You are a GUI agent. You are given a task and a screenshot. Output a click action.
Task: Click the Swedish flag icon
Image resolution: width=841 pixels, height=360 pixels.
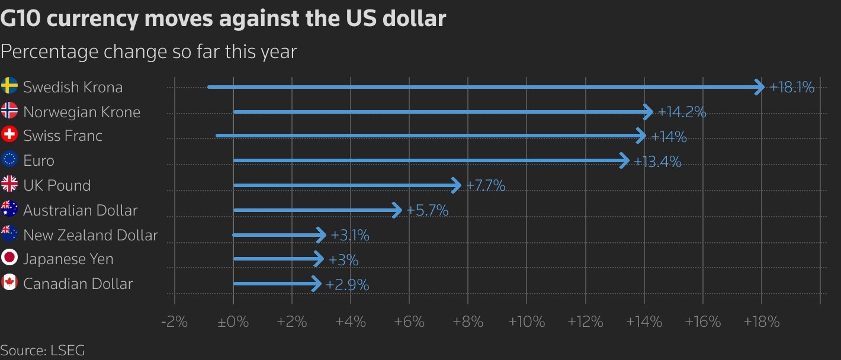click(9, 86)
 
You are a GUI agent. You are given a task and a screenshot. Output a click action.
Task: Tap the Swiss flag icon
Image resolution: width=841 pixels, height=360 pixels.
click(9, 135)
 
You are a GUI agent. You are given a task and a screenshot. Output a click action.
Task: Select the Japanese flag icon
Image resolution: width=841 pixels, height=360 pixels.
click(9, 258)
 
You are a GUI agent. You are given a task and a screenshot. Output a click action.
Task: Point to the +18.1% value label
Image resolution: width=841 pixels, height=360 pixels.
click(792, 88)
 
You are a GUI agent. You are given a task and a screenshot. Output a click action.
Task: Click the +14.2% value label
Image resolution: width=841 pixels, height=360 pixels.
click(682, 112)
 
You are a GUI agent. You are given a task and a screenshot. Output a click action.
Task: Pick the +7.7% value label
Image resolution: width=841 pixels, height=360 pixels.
click(486, 186)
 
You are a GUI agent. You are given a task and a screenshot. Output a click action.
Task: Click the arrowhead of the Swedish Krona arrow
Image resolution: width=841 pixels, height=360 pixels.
click(759, 87)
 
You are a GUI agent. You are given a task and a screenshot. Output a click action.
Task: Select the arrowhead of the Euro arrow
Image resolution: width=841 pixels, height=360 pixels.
click(625, 160)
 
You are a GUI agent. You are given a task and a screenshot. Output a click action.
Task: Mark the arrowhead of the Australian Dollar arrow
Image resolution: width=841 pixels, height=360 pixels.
click(398, 210)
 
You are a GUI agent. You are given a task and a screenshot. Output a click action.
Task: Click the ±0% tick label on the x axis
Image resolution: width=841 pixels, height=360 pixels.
click(233, 322)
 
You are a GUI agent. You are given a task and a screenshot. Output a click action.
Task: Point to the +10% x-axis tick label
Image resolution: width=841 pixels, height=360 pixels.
click(527, 322)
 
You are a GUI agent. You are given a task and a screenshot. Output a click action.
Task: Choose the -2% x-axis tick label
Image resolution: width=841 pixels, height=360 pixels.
click(175, 322)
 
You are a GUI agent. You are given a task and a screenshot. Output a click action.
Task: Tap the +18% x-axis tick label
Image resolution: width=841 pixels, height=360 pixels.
click(761, 322)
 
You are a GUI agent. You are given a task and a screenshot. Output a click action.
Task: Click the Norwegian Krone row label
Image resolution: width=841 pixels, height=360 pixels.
click(82, 112)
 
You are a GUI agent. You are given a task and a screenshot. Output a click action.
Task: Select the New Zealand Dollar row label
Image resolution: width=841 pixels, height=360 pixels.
click(91, 235)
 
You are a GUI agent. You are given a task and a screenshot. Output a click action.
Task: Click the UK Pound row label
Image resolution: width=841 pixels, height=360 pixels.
click(57, 185)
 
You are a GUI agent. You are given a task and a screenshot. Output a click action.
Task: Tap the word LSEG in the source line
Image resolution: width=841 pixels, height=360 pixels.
click(68, 351)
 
